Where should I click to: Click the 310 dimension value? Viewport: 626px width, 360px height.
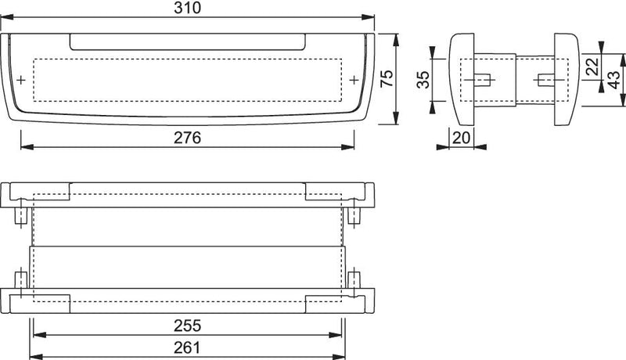[x=187, y=8]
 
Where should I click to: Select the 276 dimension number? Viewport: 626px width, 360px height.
[x=187, y=138]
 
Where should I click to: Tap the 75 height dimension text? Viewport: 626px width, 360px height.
[x=387, y=78]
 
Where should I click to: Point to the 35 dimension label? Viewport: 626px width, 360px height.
[x=423, y=79]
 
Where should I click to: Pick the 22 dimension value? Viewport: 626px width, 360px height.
[x=592, y=67]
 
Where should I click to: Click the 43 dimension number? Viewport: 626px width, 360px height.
[x=613, y=80]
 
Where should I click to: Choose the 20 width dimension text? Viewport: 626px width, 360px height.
[x=461, y=138]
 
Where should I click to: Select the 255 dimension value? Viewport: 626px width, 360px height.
[x=187, y=326]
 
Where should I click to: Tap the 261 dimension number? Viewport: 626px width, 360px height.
[x=187, y=347]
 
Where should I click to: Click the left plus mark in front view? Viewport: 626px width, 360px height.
[x=21, y=81]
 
